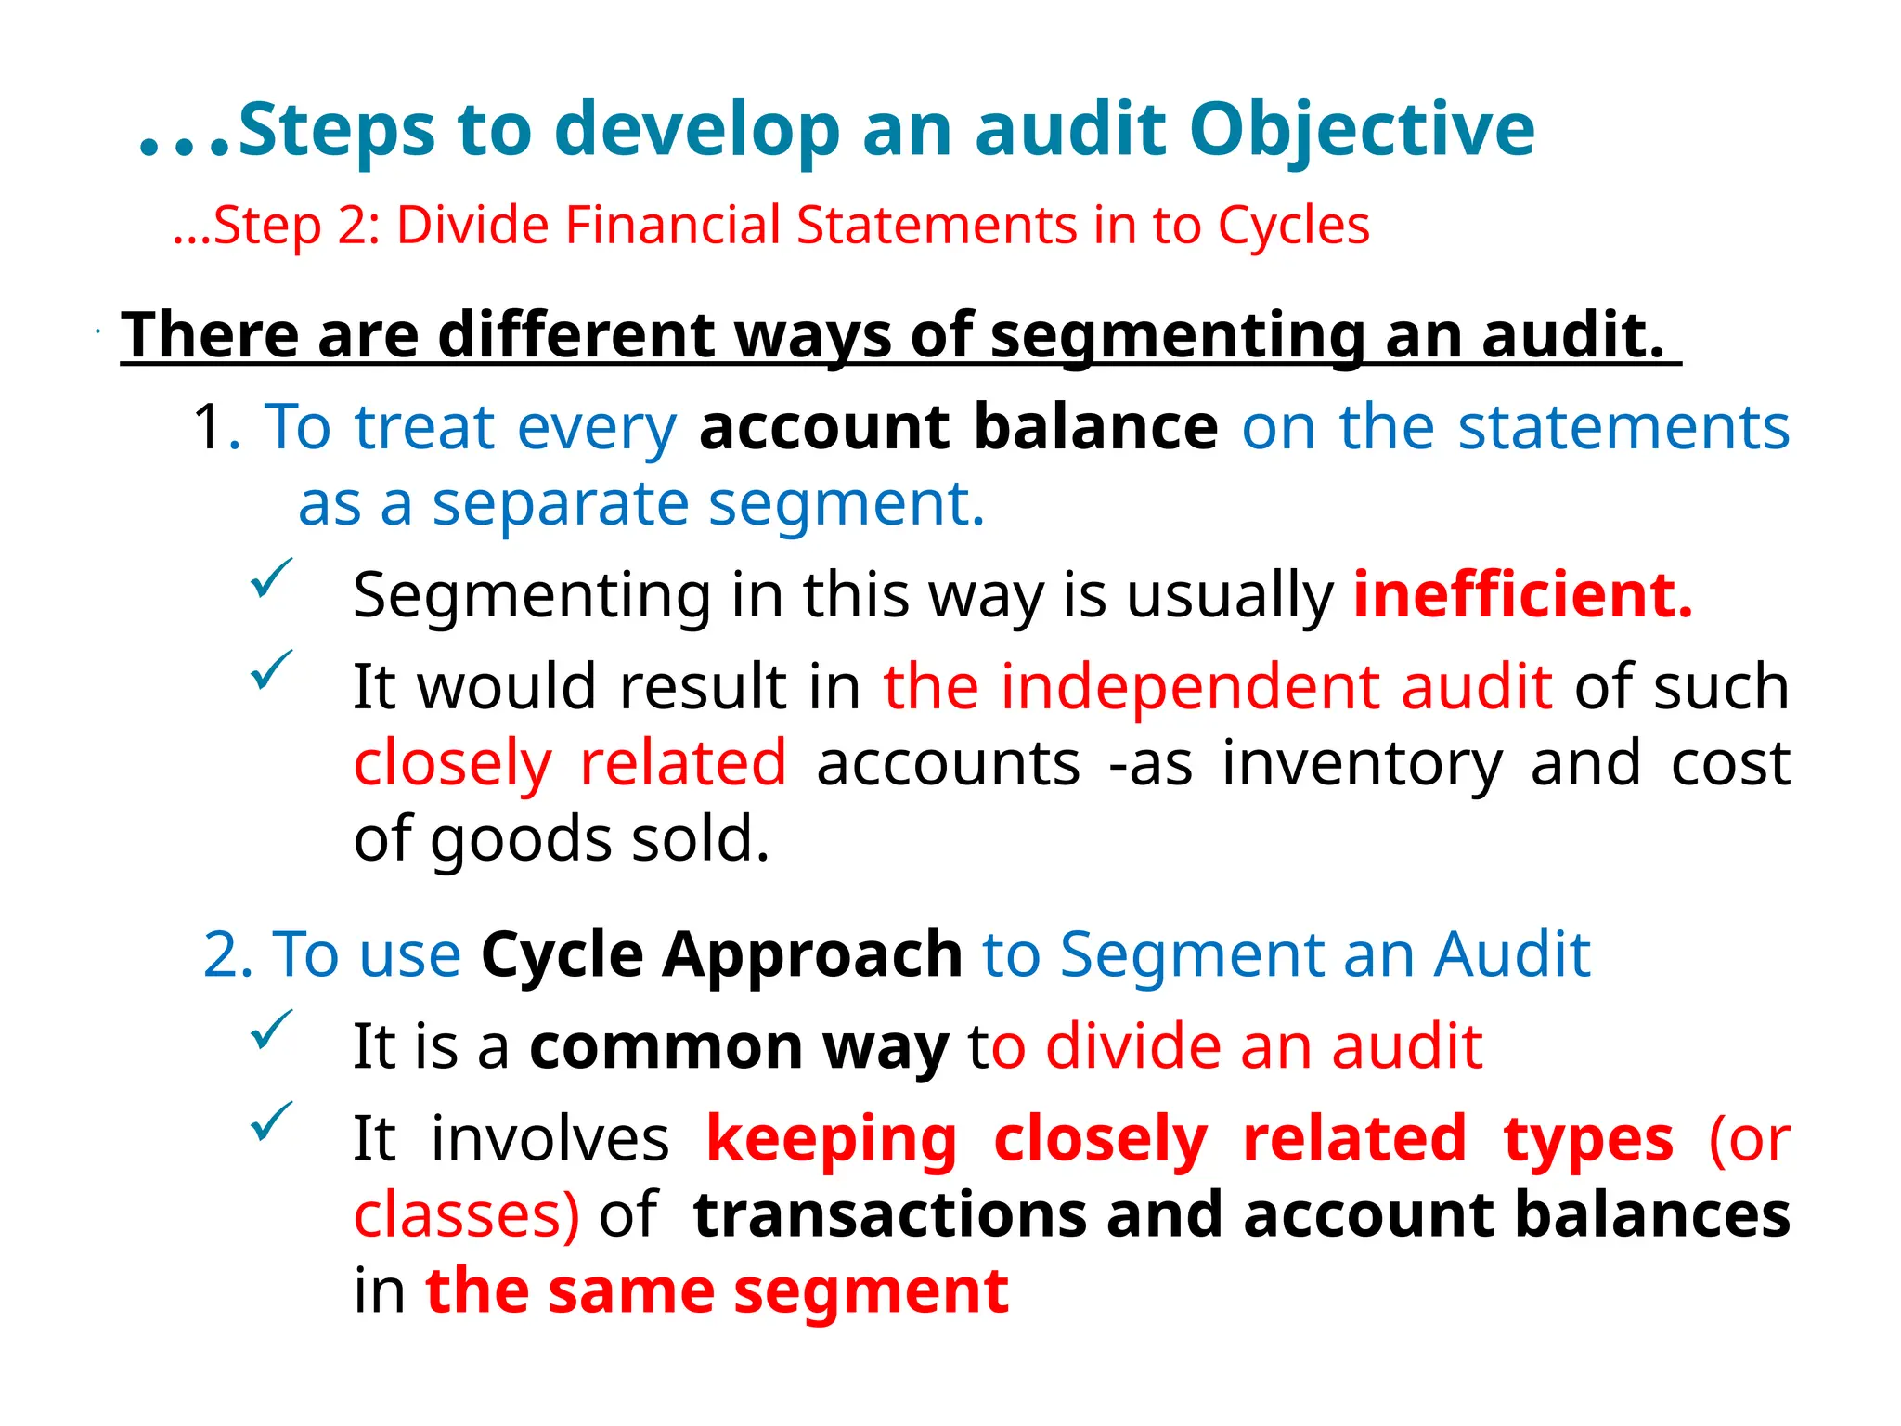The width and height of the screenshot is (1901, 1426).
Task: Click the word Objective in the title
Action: [1362, 130]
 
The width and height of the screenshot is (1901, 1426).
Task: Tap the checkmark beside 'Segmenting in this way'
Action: [271, 578]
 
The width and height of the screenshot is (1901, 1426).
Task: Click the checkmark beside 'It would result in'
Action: [271, 669]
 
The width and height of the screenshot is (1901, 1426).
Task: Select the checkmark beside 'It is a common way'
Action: [271, 1030]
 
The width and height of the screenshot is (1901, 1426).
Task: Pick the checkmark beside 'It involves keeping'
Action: [271, 1121]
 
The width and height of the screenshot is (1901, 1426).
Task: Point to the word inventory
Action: [1362, 764]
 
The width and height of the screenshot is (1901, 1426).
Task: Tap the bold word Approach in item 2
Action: [811, 954]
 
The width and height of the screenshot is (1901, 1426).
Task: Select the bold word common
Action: [666, 1046]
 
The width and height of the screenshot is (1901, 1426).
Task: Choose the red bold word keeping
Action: [832, 1140]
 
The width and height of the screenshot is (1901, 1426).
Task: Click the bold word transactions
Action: [889, 1215]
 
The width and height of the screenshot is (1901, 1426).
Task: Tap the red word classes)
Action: [466, 1215]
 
